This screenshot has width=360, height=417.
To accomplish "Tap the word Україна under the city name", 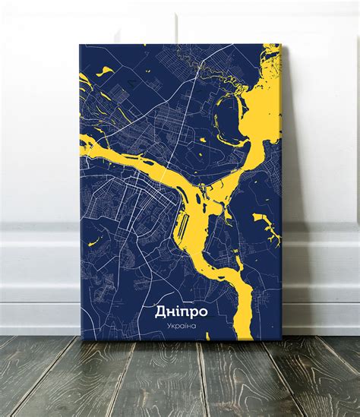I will (182, 326).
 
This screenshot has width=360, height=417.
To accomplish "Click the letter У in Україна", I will (169, 326).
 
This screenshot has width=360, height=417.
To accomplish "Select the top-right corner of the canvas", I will (279, 45).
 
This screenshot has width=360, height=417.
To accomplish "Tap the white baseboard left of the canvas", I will (38, 273).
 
